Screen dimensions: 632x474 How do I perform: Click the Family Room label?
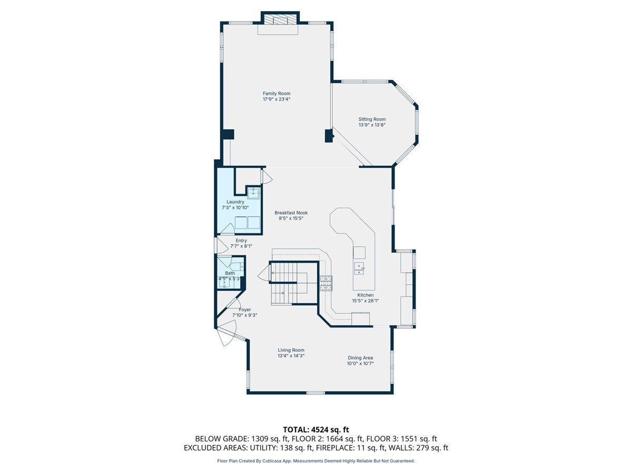[x=276, y=94]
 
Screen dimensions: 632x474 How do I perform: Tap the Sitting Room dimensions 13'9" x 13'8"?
[x=372, y=125]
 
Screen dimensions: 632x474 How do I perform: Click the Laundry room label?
[x=235, y=202]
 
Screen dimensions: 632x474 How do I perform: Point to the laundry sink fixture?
[x=253, y=193]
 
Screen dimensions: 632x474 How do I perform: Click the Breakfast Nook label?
[x=291, y=213]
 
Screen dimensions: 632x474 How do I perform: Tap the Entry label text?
[x=241, y=241]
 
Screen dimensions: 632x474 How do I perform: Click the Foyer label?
[x=245, y=310]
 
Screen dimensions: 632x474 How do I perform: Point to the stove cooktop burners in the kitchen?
[x=325, y=283]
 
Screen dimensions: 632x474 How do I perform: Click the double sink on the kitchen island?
[x=359, y=269]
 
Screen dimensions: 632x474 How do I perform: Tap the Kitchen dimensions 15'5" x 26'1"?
[x=366, y=301]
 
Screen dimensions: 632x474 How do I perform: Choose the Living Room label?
[x=291, y=350]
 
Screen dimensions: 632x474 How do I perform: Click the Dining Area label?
[x=360, y=358]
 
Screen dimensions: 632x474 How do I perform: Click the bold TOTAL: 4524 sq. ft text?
[x=316, y=430]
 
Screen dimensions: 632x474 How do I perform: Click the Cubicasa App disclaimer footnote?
[x=316, y=461]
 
